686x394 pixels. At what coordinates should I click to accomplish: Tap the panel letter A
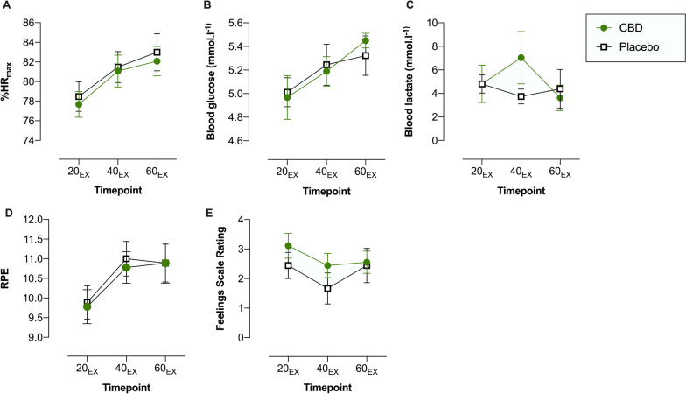pyautogui.click(x=7, y=7)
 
